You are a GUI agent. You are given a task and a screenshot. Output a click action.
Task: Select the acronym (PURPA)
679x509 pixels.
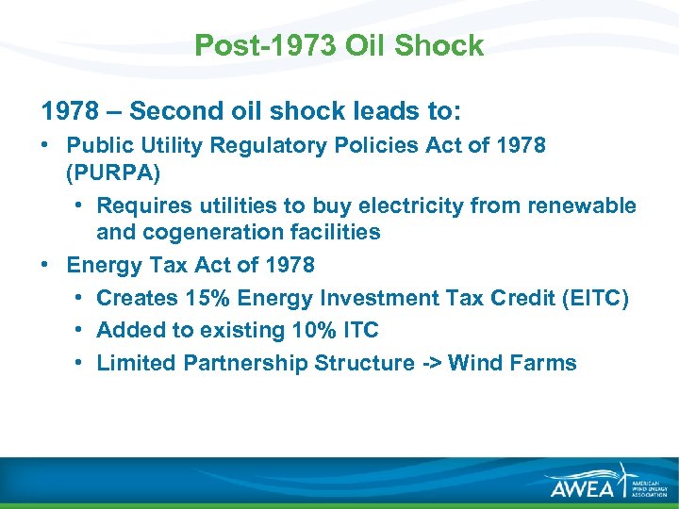(x=114, y=173)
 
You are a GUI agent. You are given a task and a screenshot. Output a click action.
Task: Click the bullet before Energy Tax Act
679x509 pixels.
(x=46, y=265)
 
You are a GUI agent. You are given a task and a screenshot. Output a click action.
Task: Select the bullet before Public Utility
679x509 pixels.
(x=46, y=146)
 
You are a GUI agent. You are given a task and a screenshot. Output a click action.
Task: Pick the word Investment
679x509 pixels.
(x=375, y=298)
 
